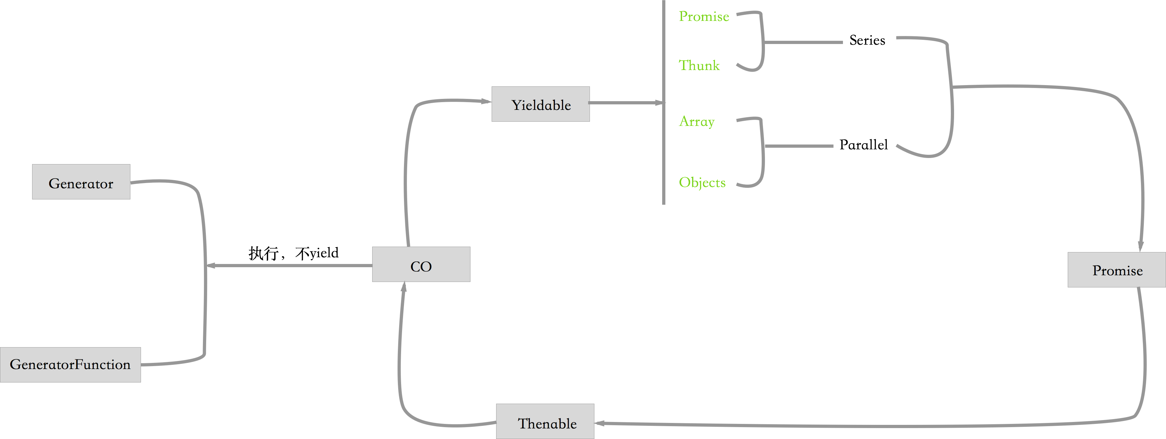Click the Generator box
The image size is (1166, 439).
coord(81,182)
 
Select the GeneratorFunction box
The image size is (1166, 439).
coord(70,365)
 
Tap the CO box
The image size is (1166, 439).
coord(421,265)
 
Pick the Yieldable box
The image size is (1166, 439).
coord(540,104)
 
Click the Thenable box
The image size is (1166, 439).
coord(545,422)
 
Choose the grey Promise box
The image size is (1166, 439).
coord(1117,270)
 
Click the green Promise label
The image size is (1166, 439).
coord(704,17)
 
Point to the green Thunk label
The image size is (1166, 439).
coord(699,66)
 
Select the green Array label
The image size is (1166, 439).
coord(697,121)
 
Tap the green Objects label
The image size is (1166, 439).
coord(702,182)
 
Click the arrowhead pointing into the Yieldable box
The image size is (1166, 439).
coord(486,101)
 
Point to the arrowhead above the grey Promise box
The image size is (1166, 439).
coord(1141,247)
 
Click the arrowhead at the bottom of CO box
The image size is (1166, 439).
coord(404,286)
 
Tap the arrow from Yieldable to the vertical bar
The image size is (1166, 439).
coord(625,103)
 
